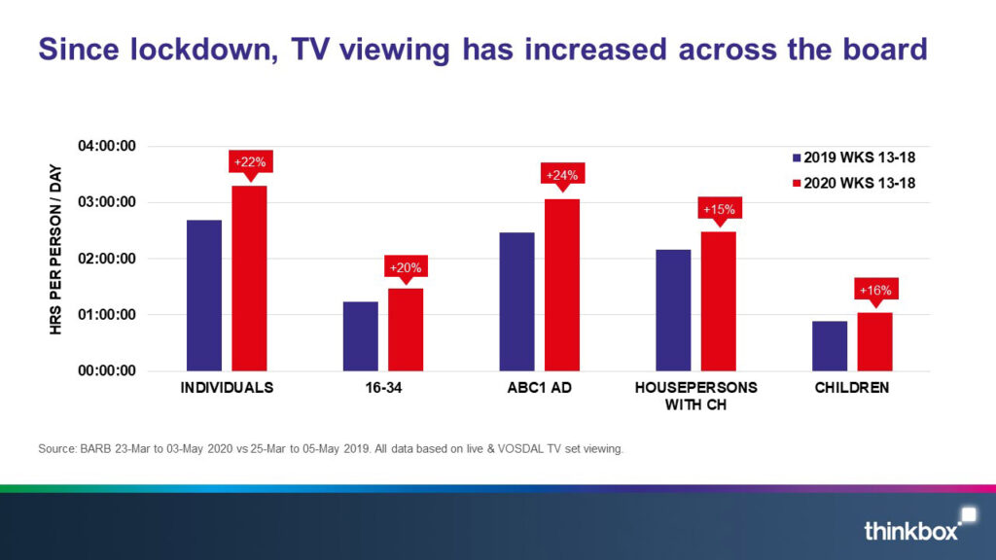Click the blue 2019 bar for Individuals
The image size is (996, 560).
pyautogui.click(x=204, y=295)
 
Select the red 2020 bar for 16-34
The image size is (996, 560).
pyautogui.click(x=406, y=329)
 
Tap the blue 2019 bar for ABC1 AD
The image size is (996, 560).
pyautogui.click(x=516, y=301)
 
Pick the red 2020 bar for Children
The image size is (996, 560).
pyautogui.click(x=874, y=341)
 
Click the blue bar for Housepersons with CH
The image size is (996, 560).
pyautogui.click(x=673, y=309)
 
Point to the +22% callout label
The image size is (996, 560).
pyautogui.click(x=250, y=161)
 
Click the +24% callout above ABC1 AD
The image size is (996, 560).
pyautogui.click(x=561, y=175)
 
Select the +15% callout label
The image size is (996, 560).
pyautogui.click(x=719, y=209)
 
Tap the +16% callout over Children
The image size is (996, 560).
pyautogui.click(x=874, y=290)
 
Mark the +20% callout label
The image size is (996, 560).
pyautogui.click(x=406, y=267)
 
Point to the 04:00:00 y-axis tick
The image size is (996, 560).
pyautogui.click(x=107, y=147)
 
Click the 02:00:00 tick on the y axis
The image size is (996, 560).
pyautogui.click(x=107, y=259)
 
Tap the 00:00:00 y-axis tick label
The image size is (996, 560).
pyautogui.click(x=107, y=370)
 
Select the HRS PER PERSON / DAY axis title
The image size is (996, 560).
pyautogui.click(x=56, y=258)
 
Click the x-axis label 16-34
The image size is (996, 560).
pyautogui.click(x=383, y=387)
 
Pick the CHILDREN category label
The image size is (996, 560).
pyautogui.click(x=852, y=387)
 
